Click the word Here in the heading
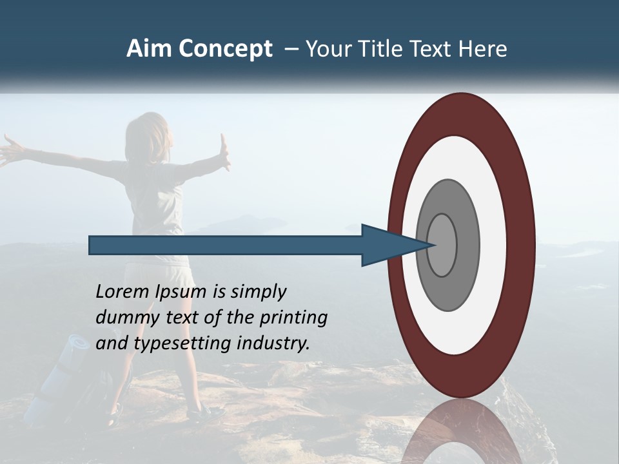(x=483, y=49)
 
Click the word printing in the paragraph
(x=293, y=318)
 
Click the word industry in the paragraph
(x=273, y=343)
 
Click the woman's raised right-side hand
(x=224, y=152)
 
